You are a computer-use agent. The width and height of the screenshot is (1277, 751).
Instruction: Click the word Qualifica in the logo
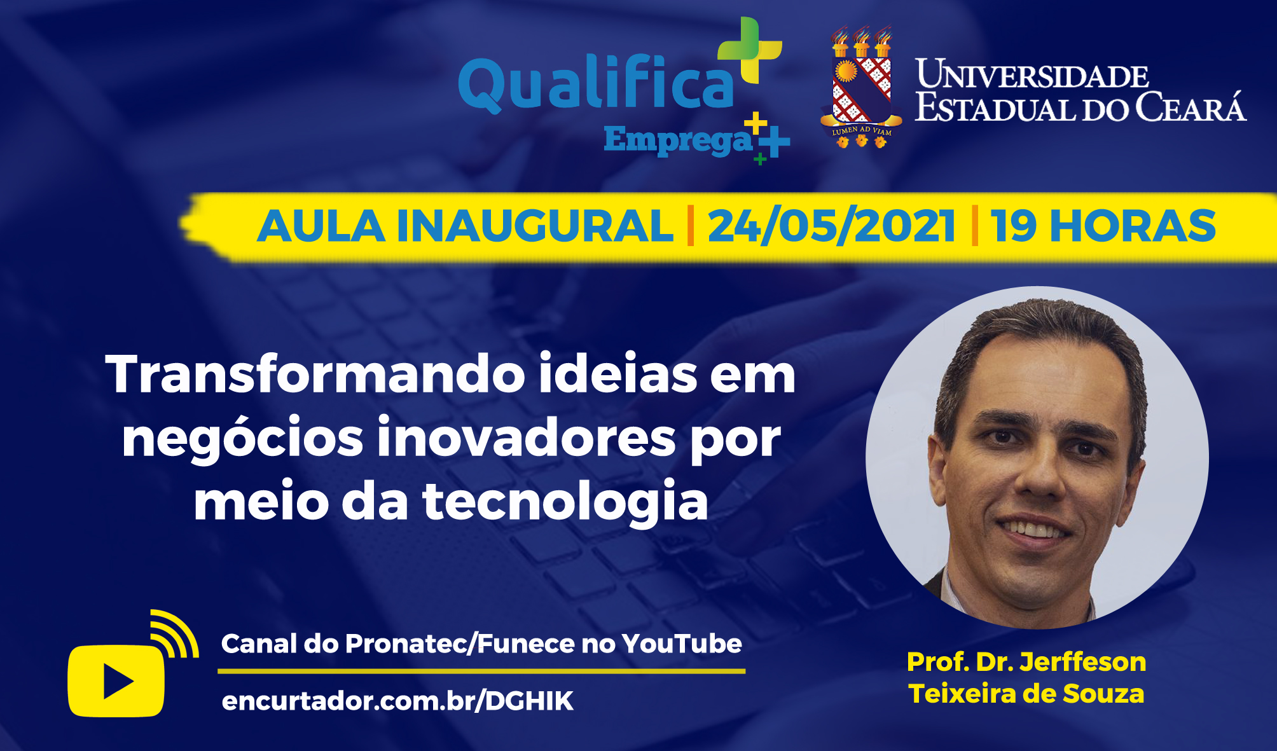[596, 83]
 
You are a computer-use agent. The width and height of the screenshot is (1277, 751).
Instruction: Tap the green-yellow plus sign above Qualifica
[750, 50]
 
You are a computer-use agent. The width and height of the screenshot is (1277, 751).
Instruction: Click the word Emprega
[678, 141]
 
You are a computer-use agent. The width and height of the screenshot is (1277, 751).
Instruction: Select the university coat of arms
[861, 87]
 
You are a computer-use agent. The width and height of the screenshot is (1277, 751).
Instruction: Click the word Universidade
[1032, 74]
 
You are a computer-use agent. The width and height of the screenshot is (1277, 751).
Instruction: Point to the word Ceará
[1191, 106]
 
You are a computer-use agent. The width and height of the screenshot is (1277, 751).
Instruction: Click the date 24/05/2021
[831, 226]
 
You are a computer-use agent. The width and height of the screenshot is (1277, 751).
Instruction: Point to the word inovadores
[527, 438]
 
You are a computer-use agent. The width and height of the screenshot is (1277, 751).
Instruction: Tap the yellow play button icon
[116, 681]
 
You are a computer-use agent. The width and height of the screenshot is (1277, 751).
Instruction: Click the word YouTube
[681, 644]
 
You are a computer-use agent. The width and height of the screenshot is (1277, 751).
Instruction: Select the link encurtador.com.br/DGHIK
[397, 701]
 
